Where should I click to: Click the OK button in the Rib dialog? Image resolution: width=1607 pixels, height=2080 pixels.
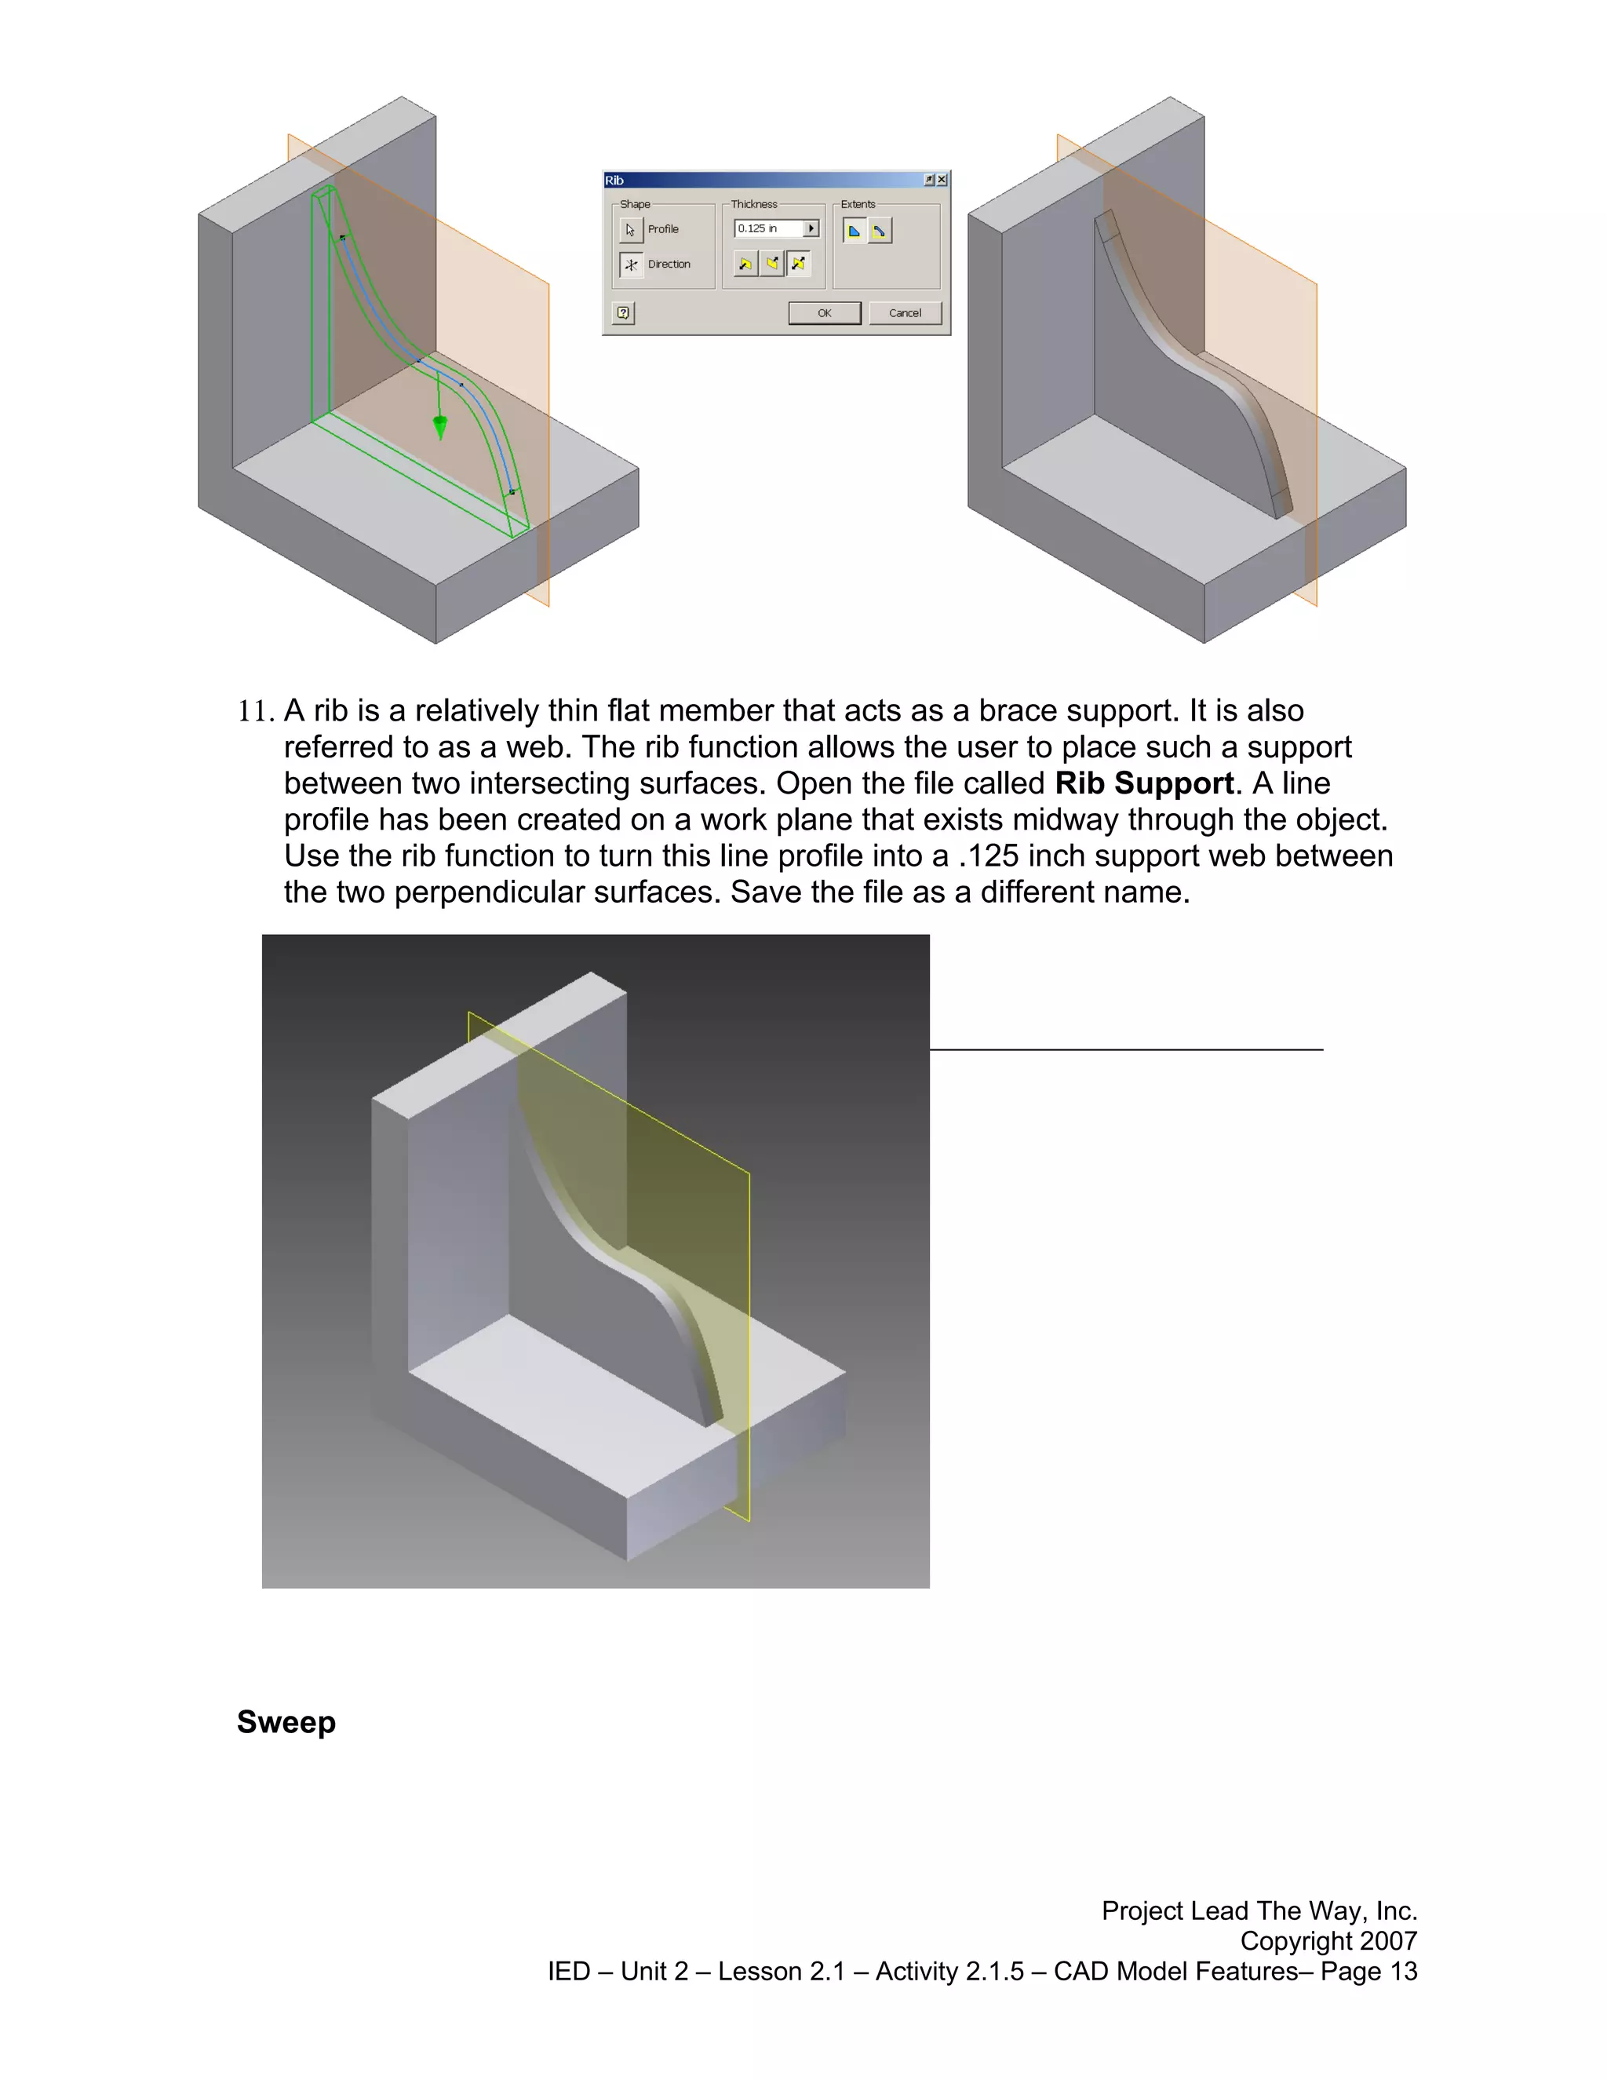pos(825,313)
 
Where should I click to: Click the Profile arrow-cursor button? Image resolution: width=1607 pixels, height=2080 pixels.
pos(630,229)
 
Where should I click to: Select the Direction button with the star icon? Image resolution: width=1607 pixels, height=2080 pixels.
pos(630,265)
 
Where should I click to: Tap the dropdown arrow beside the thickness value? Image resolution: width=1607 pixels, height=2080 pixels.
pos(811,228)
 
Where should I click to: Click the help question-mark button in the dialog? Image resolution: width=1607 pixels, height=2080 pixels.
pos(624,312)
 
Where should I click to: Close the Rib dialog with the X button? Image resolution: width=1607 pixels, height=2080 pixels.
pos(942,180)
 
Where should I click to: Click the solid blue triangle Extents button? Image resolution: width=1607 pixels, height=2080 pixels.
pos(854,231)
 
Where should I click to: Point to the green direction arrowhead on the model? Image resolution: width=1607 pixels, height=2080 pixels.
pos(440,425)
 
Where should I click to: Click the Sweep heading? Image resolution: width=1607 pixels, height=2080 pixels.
pos(286,1722)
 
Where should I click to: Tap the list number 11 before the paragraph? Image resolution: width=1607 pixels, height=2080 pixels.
pos(255,711)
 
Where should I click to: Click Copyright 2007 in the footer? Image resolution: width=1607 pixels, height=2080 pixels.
pos(1328,1941)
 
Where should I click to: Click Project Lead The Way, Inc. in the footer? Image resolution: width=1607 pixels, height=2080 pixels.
pos(1259,1910)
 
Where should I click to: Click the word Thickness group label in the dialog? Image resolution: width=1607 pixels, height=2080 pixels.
pos(754,204)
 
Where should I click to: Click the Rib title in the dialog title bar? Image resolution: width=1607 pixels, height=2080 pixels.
pos(614,180)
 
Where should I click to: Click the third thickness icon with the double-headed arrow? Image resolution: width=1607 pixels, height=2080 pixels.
pos(799,264)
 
